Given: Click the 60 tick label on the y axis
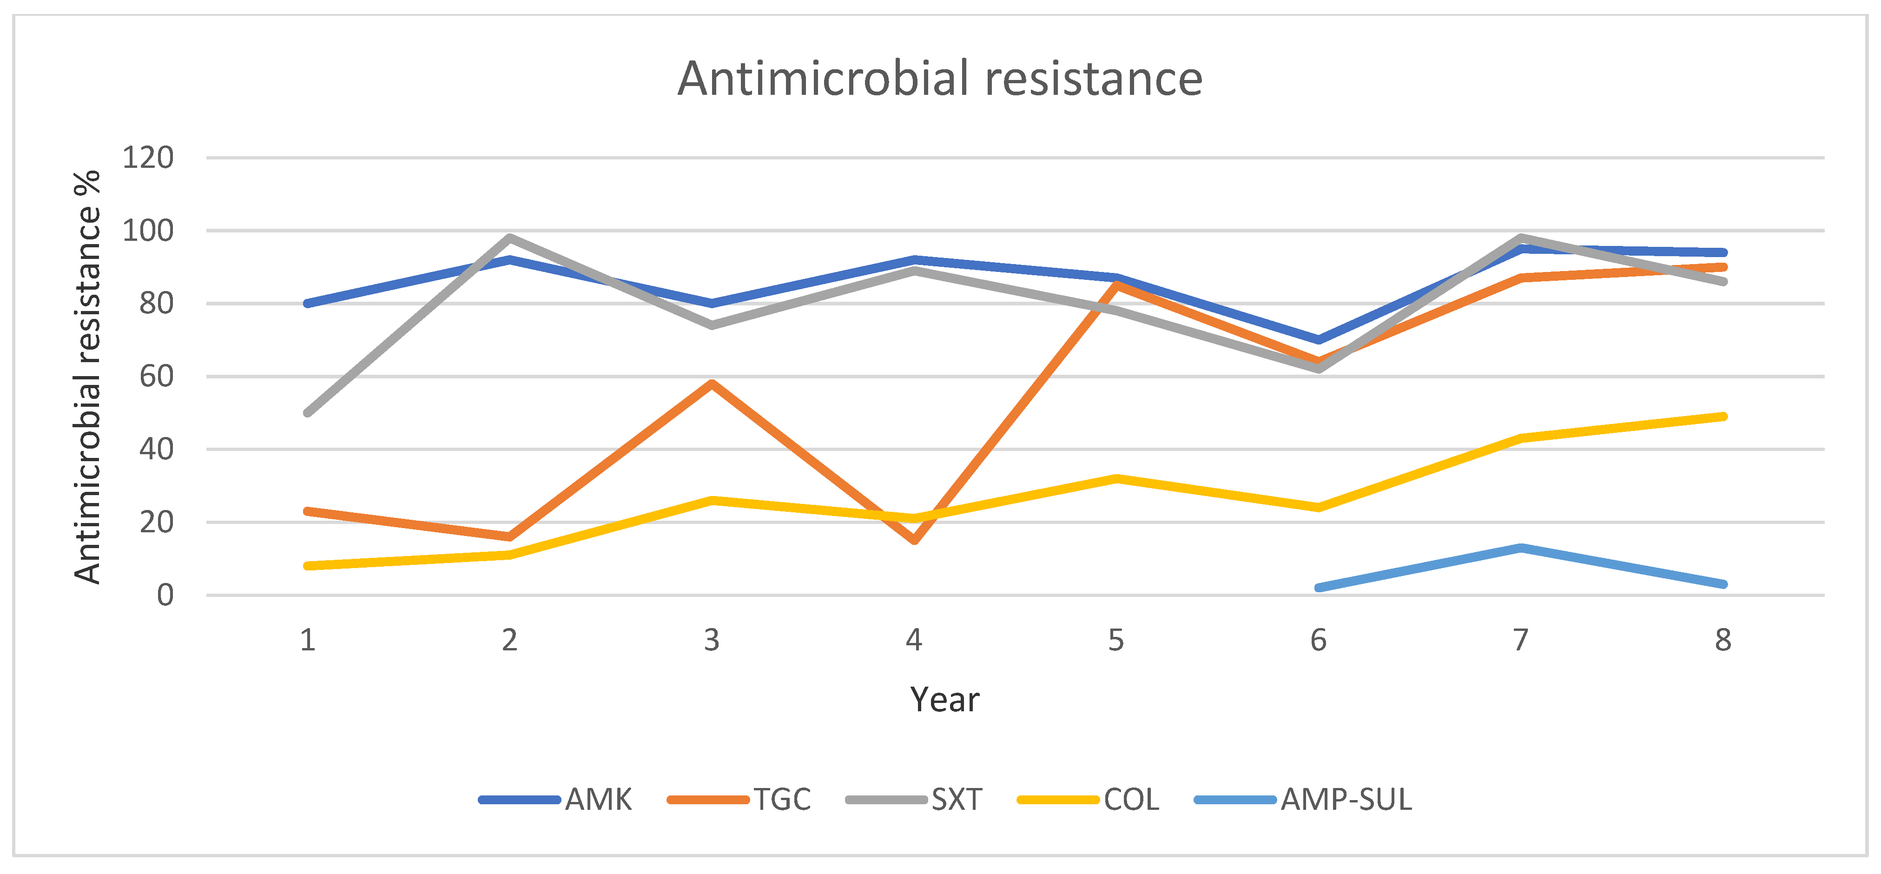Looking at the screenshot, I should point(156,377).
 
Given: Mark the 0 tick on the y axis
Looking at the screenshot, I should point(165,595).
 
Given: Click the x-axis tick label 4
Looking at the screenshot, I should point(913,640).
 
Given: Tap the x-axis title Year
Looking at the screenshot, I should point(944,700).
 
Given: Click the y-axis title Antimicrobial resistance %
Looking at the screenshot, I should point(88,377).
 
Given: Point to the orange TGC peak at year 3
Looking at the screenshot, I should point(712,384).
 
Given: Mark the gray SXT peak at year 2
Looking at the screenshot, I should point(510,237).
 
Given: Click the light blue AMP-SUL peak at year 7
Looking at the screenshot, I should point(1521,548).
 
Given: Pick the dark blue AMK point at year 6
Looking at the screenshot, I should point(1319,339).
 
